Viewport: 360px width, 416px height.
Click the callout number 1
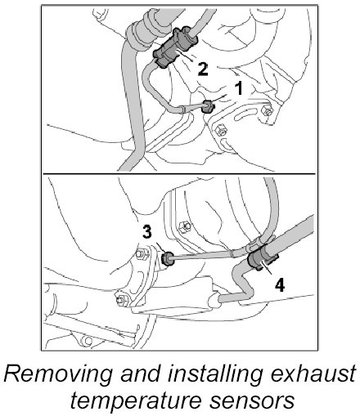click(239, 88)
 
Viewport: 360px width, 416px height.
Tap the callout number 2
click(203, 69)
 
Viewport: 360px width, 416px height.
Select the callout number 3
click(147, 232)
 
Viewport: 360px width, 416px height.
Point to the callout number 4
click(280, 286)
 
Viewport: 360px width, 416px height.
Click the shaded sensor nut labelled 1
click(208, 107)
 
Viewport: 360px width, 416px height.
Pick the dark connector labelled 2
click(174, 47)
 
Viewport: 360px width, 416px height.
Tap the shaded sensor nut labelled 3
click(168, 259)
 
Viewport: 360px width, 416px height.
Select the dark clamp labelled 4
click(261, 259)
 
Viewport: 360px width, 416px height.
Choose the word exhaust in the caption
click(313, 374)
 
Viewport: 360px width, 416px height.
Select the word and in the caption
click(140, 374)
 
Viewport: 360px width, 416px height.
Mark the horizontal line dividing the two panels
click(179, 173)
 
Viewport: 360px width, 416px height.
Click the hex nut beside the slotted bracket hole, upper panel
click(266, 110)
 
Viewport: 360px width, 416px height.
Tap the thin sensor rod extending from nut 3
click(202, 255)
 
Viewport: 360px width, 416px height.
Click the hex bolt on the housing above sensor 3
click(184, 226)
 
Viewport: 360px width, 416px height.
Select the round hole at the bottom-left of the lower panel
click(88, 340)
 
